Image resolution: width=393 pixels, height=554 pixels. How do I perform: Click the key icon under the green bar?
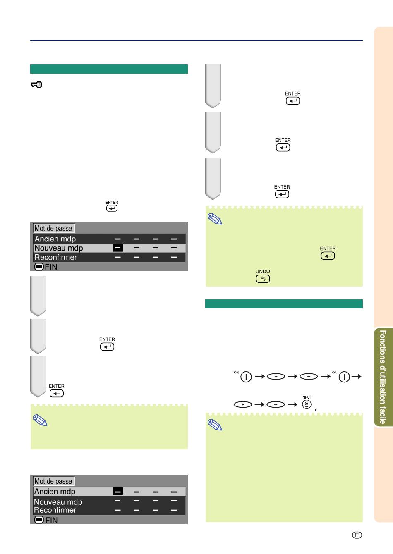pyautogui.click(x=37, y=85)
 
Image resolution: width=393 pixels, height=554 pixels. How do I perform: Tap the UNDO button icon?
pyautogui.click(x=263, y=279)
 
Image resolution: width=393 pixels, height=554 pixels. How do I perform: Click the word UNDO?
pyautogui.click(x=263, y=271)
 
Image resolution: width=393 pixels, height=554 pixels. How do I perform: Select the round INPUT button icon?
pyautogui.click(x=307, y=404)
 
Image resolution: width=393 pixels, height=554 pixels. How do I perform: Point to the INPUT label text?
pyautogui.click(x=307, y=397)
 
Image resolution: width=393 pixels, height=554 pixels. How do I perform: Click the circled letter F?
pyautogui.click(x=357, y=535)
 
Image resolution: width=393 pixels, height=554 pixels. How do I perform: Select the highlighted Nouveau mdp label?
pyautogui.click(x=59, y=248)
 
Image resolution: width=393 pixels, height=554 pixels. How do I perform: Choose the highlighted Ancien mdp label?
pyautogui.click(x=55, y=492)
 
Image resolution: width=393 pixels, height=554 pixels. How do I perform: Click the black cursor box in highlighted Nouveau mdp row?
pyautogui.click(x=118, y=248)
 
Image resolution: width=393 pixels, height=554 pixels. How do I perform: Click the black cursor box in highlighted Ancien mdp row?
pyautogui.click(x=118, y=491)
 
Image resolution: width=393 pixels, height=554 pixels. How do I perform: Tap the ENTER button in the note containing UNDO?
pyautogui.click(x=328, y=256)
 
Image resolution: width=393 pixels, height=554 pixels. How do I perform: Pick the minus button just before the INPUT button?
pyautogui.click(x=276, y=404)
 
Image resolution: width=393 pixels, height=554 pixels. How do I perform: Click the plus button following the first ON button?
pyautogui.click(x=276, y=376)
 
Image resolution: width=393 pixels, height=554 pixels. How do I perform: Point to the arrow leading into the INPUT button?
pyautogui.click(x=293, y=404)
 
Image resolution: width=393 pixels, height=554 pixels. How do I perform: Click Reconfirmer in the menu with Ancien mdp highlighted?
pyautogui.click(x=55, y=510)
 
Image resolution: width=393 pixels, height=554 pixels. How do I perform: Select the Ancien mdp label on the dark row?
pyautogui.click(x=55, y=239)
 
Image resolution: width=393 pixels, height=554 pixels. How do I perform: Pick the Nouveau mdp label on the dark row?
pyautogui.click(x=58, y=502)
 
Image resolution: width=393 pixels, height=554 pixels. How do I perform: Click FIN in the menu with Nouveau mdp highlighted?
pyautogui.click(x=51, y=267)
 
